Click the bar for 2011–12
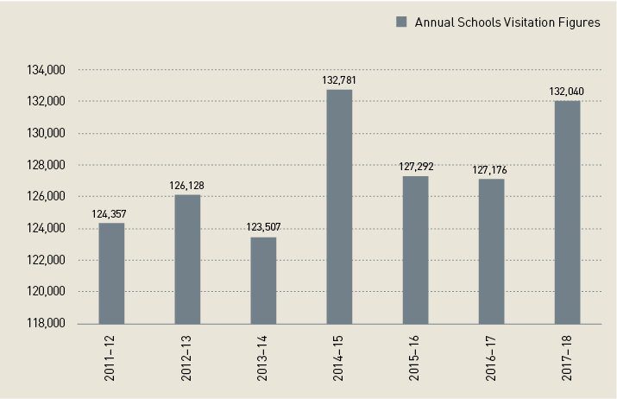tap(111, 273)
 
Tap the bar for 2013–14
tap(263, 280)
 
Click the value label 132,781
tap(339, 80)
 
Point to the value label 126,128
tap(187, 186)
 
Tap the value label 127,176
tap(491, 170)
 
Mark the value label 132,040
tap(567, 92)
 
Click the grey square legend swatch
tap(400, 22)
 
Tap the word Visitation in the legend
tap(519, 22)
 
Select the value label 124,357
tap(111, 213)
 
